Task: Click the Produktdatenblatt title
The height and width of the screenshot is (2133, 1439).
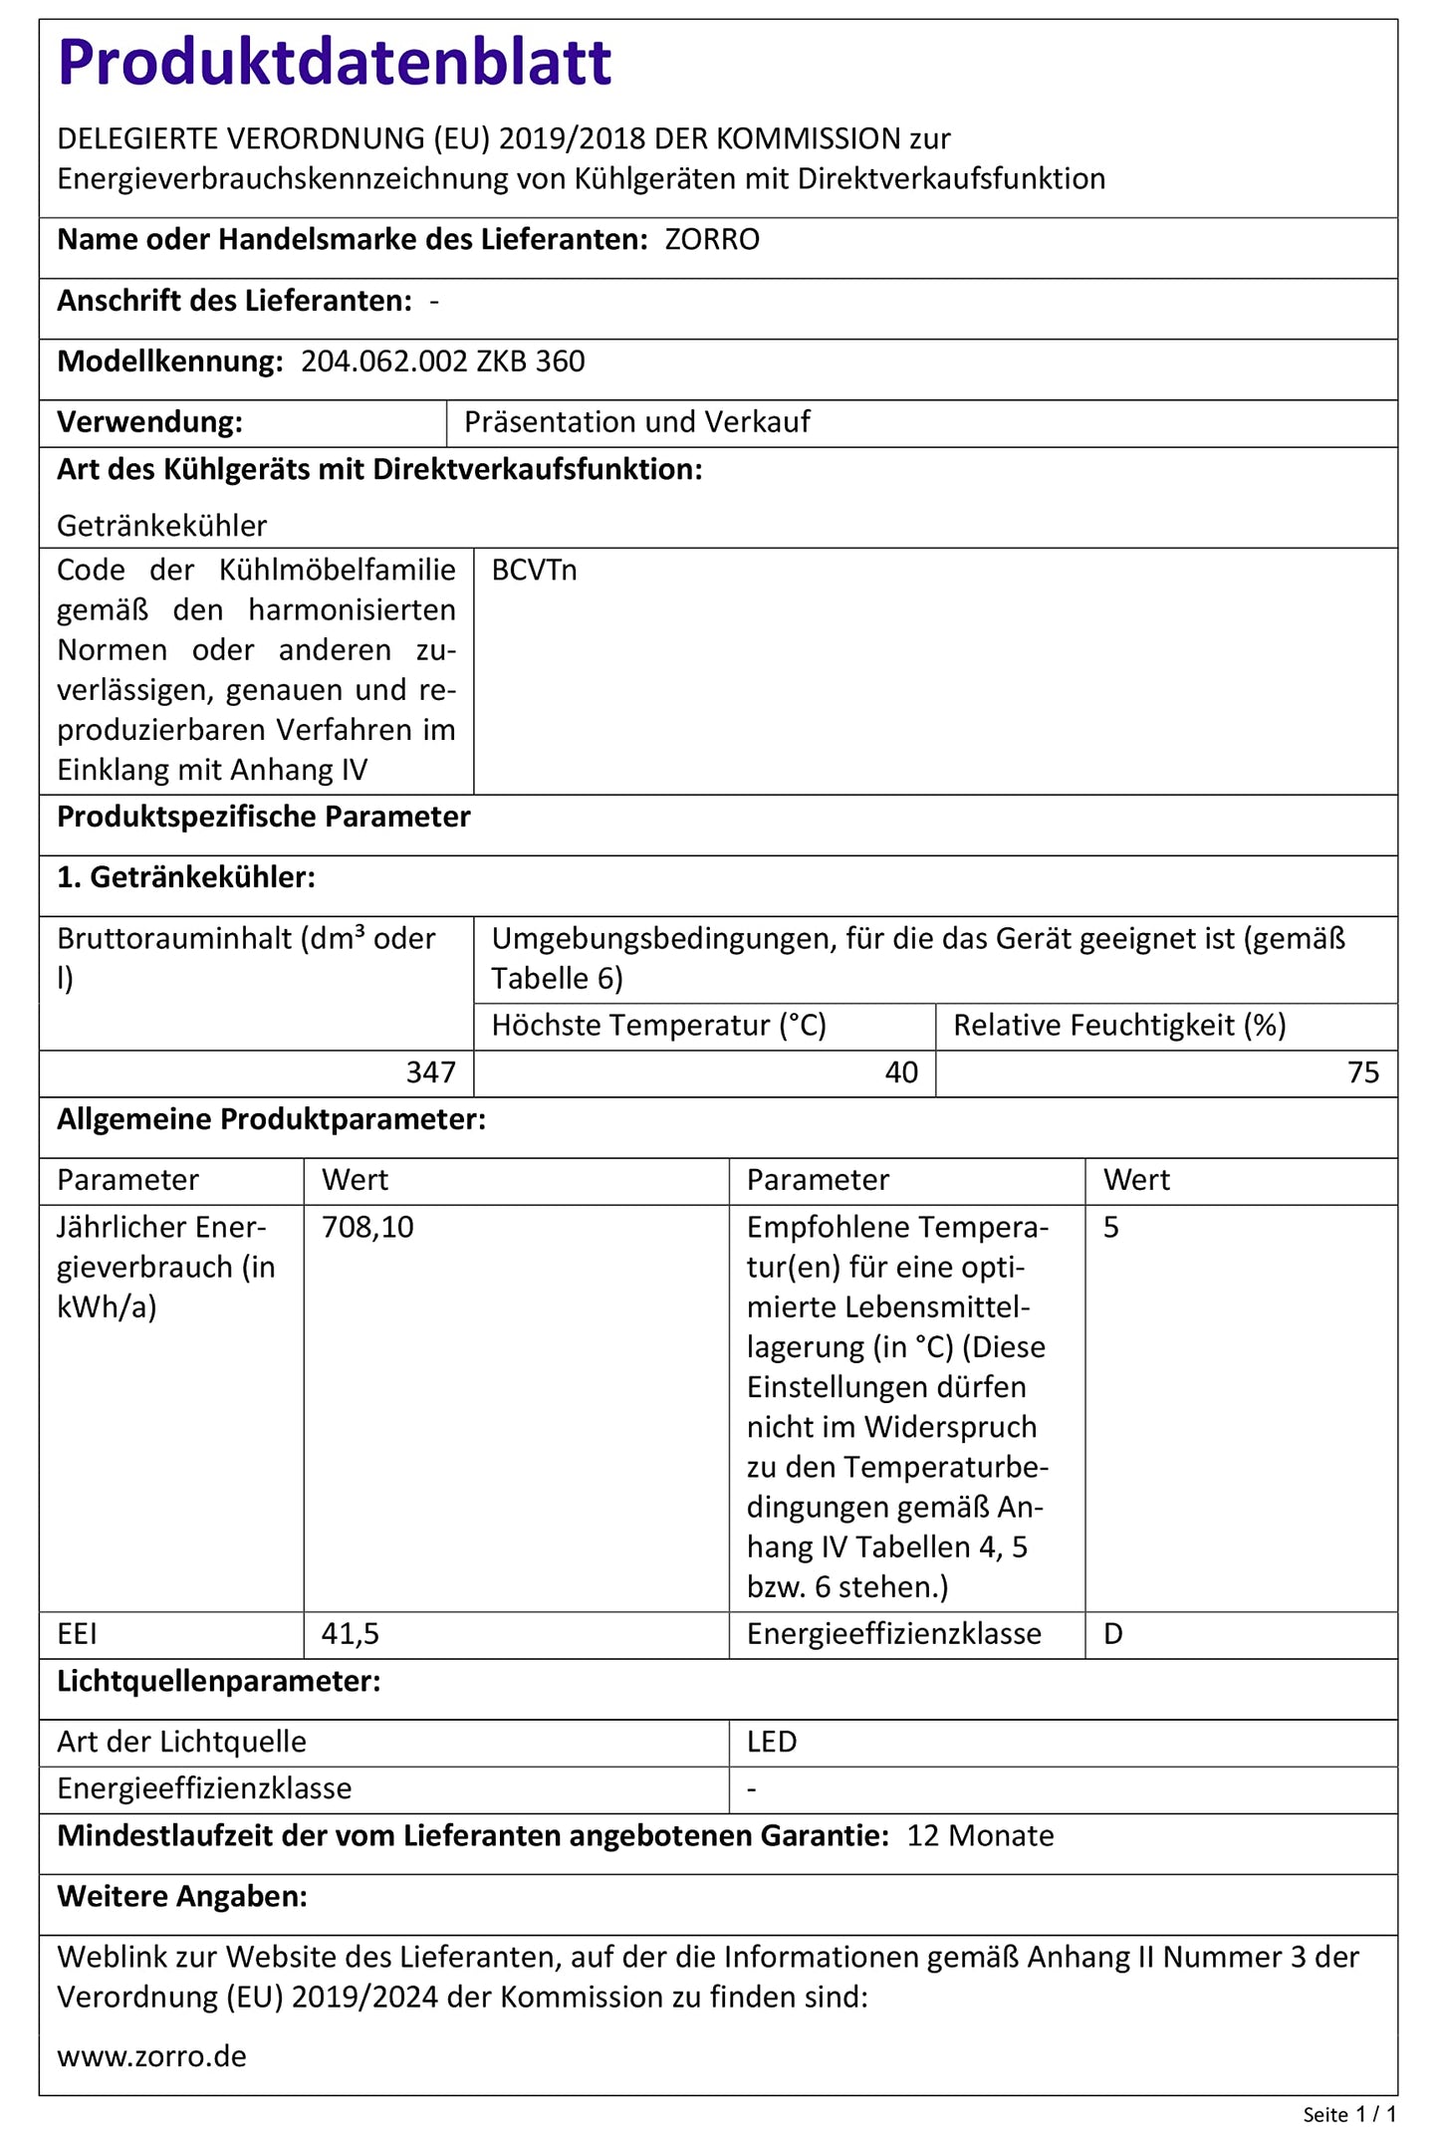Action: pos(335,63)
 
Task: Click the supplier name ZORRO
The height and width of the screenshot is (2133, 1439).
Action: pos(712,240)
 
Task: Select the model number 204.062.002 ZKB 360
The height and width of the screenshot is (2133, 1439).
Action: pos(443,361)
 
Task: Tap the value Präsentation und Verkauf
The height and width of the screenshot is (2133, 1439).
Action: pos(637,422)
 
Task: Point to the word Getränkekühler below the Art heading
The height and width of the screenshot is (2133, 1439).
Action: pos(162,526)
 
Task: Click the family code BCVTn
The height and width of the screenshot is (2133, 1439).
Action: pos(534,571)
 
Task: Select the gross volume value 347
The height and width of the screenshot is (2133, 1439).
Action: pos(431,1072)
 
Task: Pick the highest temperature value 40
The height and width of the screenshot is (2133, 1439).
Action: pos(901,1072)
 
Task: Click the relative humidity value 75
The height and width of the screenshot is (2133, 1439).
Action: pos(1363,1072)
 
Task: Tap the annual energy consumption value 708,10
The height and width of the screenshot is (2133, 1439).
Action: pos(367,1228)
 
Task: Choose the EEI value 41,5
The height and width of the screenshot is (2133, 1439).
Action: pos(350,1634)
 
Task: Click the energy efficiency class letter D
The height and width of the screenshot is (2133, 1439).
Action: pos(1113,1634)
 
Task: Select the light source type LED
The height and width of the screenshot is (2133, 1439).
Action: pos(772,1742)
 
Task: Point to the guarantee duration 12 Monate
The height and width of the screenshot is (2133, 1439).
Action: pos(980,1836)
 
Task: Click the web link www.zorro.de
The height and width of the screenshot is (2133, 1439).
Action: pos(151,2057)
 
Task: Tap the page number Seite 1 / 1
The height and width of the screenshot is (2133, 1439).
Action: pos(1349,2114)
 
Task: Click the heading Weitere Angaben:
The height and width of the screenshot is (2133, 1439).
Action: pos(182,1897)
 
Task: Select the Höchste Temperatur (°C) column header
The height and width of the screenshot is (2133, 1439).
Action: pos(659,1026)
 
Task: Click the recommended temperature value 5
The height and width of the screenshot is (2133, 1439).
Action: pos(1111,1228)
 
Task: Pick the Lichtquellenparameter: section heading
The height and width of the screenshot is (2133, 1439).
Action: pos(219,1682)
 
